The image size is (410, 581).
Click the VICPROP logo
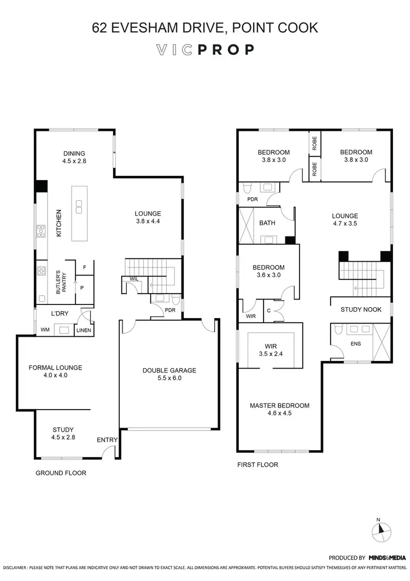coord(205,50)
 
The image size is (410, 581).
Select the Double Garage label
coord(169,371)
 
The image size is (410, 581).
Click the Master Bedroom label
coord(279,406)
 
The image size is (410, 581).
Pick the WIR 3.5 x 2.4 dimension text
coord(271,354)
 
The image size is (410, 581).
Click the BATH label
coord(267,223)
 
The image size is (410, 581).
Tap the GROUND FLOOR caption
coord(61,473)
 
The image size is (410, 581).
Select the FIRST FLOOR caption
coord(257,464)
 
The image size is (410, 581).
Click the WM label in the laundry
coord(45,330)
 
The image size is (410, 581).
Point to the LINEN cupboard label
coord(84,330)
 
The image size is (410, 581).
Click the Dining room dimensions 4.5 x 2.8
coord(74,162)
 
